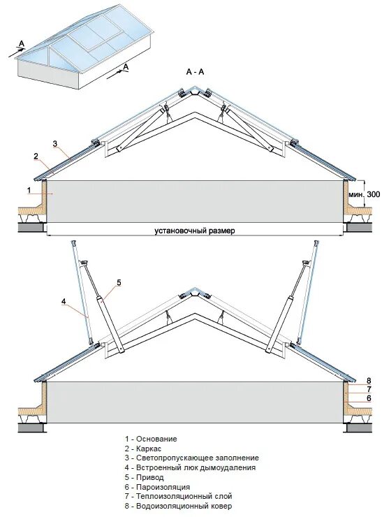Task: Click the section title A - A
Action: (195, 72)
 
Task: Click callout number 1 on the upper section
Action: (29, 190)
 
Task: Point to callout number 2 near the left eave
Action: (36, 156)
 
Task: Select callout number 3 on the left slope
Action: (55, 143)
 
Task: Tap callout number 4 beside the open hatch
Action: (64, 301)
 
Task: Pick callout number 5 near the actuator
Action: (119, 282)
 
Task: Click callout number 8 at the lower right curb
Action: (369, 381)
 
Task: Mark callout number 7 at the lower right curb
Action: (369, 390)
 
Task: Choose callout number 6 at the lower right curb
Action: (369, 398)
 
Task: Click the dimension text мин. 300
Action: (364, 194)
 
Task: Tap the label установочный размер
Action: (195, 231)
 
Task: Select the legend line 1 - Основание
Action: (151, 439)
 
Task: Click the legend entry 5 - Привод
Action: (145, 477)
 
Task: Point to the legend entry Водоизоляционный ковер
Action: (184, 506)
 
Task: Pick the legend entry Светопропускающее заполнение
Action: (198, 458)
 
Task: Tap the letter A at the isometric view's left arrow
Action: (22, 43)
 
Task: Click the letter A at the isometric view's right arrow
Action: (126, 67)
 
